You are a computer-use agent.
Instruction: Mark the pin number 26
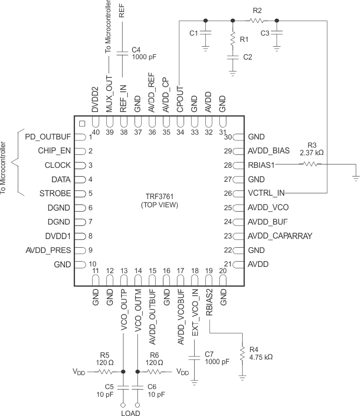coord(228,194)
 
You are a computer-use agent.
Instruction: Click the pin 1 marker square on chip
coord(82,123)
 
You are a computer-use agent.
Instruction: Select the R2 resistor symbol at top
coord(256,21)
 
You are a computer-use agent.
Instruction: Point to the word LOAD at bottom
coord(131,412)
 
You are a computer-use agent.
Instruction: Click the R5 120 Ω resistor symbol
coord(106,372)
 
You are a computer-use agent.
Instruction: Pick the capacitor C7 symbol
coord(194,358)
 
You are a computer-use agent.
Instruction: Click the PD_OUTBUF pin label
coord(48,137)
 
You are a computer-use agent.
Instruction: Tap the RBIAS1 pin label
coord(261,165)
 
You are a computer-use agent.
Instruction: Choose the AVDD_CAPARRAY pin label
coord(280,236)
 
